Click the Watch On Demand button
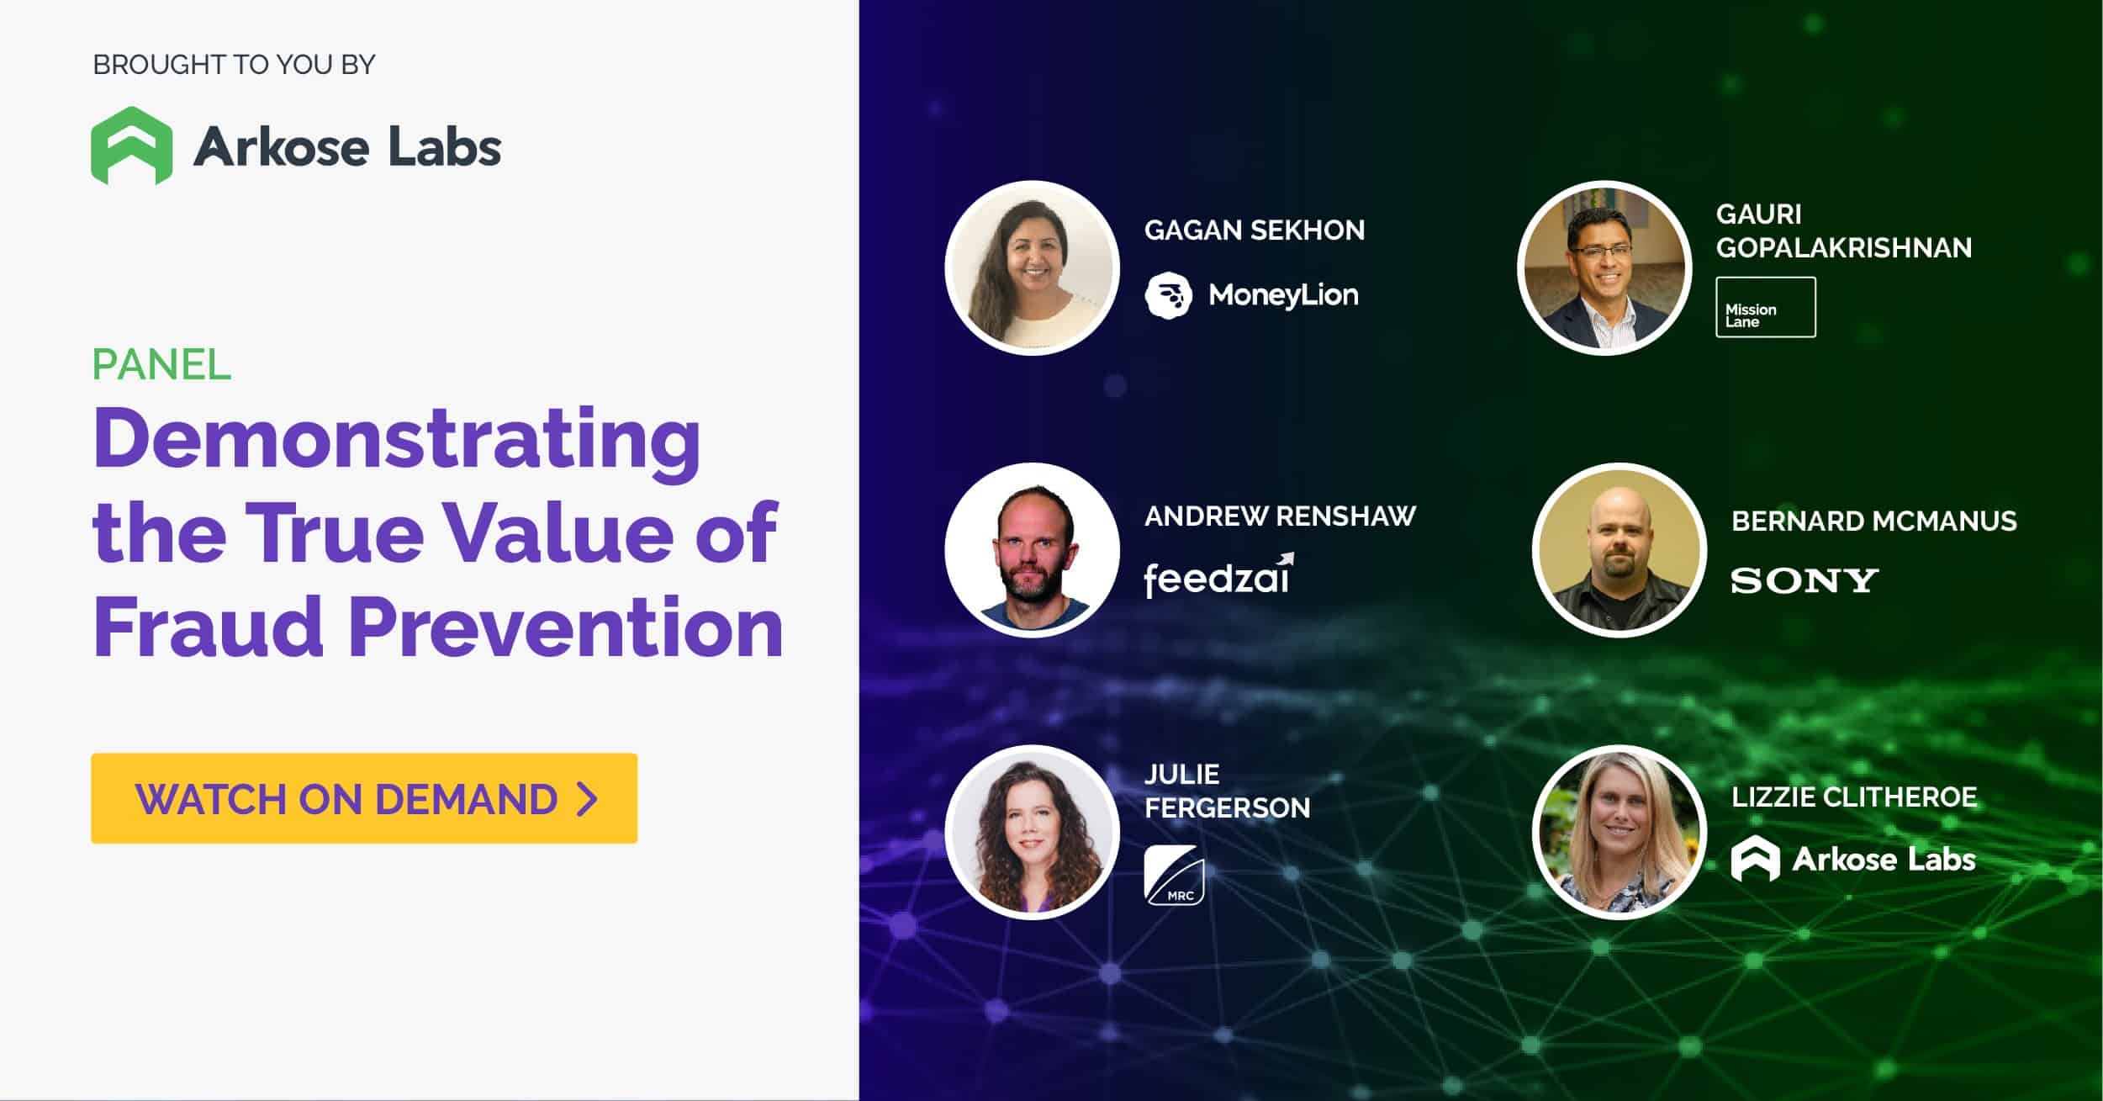click(x=364, y=798)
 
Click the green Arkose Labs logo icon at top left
click(x=132, y=146)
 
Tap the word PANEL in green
click(x=161, y=364)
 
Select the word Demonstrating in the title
click(x=397, y=441)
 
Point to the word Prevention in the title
click(x=566, y=627)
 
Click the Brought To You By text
click(x=234, y=65)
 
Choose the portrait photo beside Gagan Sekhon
click(x=1033, y=267)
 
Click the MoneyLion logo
click(x=1251, y=294)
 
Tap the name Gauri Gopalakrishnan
click(x=1843, y=230)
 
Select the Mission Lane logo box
click(x=1766, y=307)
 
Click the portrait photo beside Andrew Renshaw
click(x=1033, y=550)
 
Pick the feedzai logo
click(x=1218, y=575)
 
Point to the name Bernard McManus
click(x=1874, y=521)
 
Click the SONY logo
click(x=1804, y=580)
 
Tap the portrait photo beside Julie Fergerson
click(x=1033, y=832)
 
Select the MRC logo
click(x=1174, y=876)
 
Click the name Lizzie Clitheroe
click(x=1854, y=797)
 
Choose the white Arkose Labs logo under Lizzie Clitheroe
click(x=1853, y=858)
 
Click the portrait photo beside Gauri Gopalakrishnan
click(x=1605, y=267)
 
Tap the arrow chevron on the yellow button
click(x=588, y=798)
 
